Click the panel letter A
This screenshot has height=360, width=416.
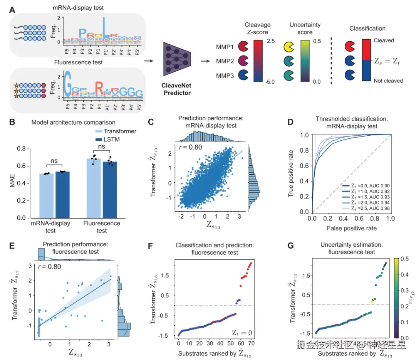(x=12, y=10)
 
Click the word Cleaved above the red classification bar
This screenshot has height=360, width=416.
(x=384, y=40)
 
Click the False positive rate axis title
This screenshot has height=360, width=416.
(x=352, y=228)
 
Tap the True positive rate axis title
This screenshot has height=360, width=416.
(x=291, y=173)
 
